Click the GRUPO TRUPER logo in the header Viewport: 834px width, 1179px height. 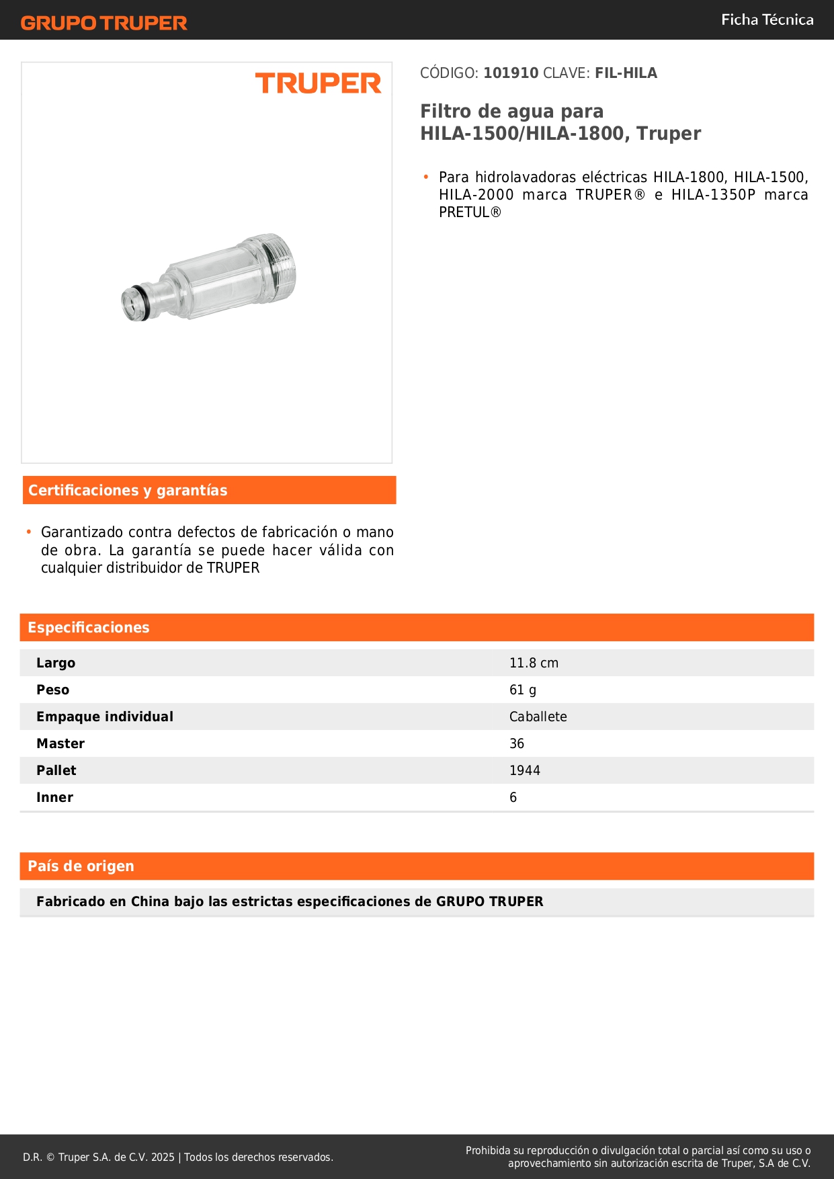104,23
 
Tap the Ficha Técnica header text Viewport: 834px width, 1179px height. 767,20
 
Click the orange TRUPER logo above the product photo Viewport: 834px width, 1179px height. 318,83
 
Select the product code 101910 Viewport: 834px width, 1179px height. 511,73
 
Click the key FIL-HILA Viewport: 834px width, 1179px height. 626,73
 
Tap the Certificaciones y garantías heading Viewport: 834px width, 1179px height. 128,491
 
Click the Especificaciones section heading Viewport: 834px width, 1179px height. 89,628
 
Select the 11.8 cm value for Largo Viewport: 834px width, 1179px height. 534,663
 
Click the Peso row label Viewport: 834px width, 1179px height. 53,690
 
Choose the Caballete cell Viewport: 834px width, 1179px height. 538,717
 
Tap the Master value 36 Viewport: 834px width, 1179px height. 517,744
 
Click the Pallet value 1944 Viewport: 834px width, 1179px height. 525,771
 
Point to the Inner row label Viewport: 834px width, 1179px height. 54,798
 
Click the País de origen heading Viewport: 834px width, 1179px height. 81,866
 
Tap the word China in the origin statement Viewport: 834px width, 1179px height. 150,902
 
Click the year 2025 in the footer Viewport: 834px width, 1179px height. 163,1157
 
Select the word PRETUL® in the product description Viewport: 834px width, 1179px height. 470,213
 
